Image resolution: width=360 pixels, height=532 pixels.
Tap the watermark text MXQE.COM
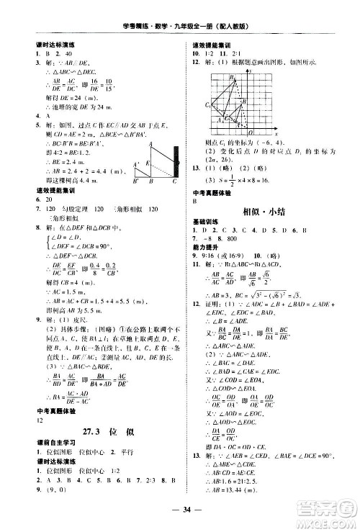325,521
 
